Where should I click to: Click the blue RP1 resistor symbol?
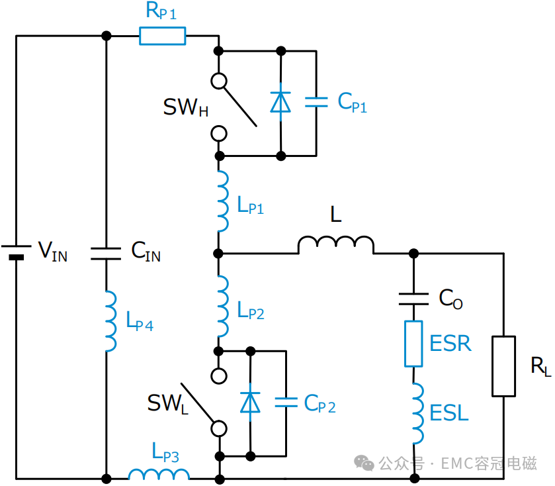[x=163, y=36]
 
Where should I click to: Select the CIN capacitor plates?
[x=106, y=254]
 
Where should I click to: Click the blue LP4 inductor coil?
[x=110, y=321]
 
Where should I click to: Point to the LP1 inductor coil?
[x=223, y=201]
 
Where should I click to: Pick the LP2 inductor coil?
[x=223, y=306]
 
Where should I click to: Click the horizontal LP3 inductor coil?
[x=159, y=474]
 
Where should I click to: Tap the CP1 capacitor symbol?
[x=316, y=102]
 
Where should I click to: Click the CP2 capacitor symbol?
[x=286, y=403]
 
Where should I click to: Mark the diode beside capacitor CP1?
[x=280, y=102]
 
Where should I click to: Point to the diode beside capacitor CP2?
[x=250, y=403]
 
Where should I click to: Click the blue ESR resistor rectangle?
[x=413, y=344]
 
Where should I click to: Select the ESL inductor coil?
[x=418, y=413]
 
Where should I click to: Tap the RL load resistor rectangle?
[x=503, y=366]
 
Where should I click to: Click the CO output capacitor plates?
[x=413, y=299]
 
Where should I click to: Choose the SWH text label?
[x=185, y=107]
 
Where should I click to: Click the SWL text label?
[x=168, y=404]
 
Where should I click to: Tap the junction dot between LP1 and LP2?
[x=218, y=254]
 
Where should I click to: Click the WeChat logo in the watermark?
[x=364, y=463]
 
